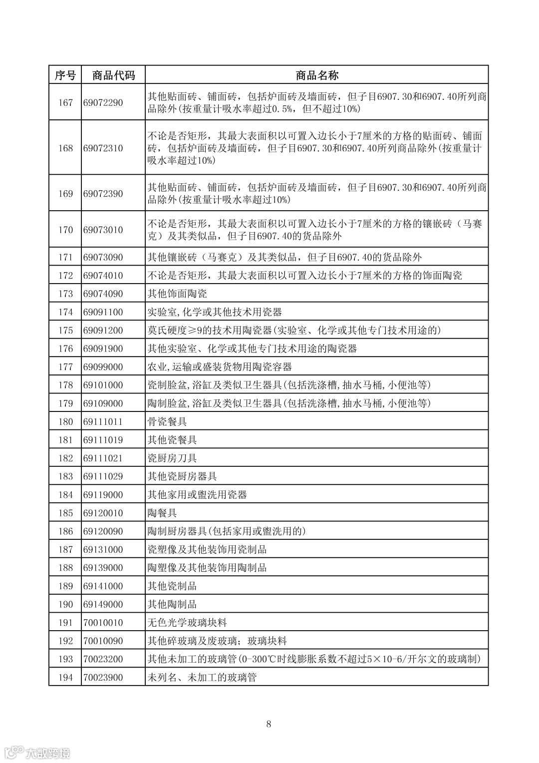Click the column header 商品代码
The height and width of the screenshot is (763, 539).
pyautogui.click(x=113, y=75)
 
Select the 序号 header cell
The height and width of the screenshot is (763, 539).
pyautogui.click(x=65, y=75)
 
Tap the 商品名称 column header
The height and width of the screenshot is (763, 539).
pyautogui.click(x=317, y=75)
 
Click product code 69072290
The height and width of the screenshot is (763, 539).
pyautogui.click(x=103, y=103)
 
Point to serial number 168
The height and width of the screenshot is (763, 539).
pyautogui.click(x=65, y=148)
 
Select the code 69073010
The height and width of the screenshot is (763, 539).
pyautogui.click(x=103, y=230)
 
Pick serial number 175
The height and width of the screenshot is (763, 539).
pyautogui.click(x=65, y=331)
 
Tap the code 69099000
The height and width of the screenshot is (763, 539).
pyautogui.click(x=103, y=367)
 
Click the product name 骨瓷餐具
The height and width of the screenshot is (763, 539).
pyautogui.click(x=167, y=422)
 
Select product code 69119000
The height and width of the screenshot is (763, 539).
pyautogui.click(x=103, y=495)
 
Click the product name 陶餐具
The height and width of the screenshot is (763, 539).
pyautogui.click(x=162, y=513)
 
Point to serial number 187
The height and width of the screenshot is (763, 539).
pyautogui.click(x=65, y=550)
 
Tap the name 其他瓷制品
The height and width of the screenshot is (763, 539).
pyautogui.click(x=172, y=586)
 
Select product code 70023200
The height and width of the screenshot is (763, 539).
pyautogui.click(x=103, y=659)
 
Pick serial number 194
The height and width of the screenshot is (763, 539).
pyautogui.click(x=65, y=678)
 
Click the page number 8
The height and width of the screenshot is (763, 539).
pyautogui.click(x=269, y=724)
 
